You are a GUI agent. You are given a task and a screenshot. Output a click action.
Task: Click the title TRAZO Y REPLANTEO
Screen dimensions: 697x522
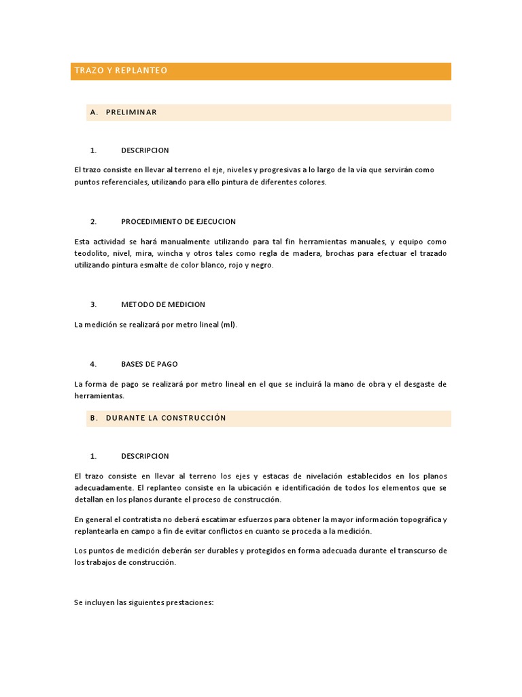(x=121, y=71)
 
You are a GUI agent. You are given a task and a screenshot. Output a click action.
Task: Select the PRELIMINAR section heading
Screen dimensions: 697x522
(x=131, y=112)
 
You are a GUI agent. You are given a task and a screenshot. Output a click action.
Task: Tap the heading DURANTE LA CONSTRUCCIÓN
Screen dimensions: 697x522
(x=166, y=418)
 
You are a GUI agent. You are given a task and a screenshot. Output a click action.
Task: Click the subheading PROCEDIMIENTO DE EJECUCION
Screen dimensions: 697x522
(x=178, y=222)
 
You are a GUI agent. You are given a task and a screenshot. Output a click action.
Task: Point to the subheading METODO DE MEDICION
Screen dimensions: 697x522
(x=163, y=304)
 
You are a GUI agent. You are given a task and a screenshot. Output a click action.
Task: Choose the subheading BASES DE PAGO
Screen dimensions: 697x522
(x=150, y=364)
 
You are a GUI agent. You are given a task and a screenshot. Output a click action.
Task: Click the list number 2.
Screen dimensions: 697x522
(x=93, y=222)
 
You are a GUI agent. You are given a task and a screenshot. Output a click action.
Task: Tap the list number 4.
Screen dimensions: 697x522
(x=93, y=364)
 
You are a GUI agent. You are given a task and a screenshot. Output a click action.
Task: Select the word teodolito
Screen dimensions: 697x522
(x=91, y=253)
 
